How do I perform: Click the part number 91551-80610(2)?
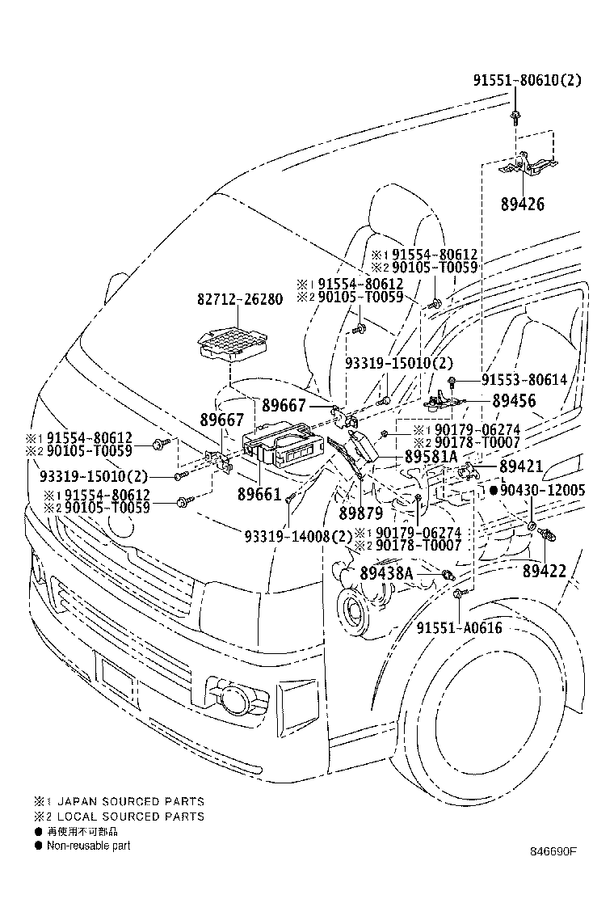527,80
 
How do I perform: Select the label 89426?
521,205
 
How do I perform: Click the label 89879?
360,513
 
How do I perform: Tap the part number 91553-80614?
524,380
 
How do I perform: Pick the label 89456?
515,401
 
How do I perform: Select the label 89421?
521,466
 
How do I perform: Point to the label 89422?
544,572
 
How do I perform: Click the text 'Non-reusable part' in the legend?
88,846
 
